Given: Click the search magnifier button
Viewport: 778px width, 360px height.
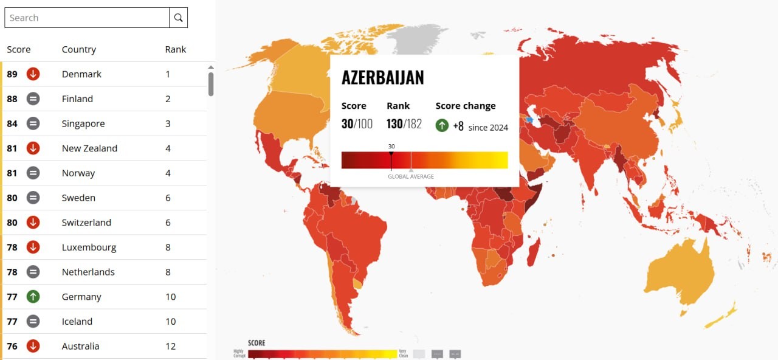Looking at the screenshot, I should [178, 18].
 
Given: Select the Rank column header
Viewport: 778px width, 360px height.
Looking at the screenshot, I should [175, 49].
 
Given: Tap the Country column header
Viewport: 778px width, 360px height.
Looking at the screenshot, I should [79, 49].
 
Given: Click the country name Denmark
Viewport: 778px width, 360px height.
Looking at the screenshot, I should [81, 74].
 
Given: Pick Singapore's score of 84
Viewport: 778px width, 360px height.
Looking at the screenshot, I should [12, 123].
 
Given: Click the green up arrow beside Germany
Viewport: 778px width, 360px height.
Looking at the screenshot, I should [33, 297].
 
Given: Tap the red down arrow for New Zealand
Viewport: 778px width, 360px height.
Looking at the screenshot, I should [33, 148].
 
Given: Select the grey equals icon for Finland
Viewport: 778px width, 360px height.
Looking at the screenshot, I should [33, 99].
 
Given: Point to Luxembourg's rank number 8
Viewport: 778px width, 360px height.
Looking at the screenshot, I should [168, 247].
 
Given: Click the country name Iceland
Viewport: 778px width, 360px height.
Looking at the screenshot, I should [77, 322].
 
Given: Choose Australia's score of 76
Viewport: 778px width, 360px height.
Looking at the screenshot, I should [12, 347].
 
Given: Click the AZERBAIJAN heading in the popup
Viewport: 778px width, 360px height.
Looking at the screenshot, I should [382, 77].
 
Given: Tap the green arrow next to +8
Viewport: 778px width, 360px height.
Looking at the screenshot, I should [442, 126].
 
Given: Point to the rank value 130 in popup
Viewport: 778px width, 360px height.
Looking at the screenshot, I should [394, 124].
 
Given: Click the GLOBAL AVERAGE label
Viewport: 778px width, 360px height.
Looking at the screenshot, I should [411, 177].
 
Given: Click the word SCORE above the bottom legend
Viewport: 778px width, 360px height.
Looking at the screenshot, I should [256, 343].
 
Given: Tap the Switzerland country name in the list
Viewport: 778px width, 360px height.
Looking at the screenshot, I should [86, 223].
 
